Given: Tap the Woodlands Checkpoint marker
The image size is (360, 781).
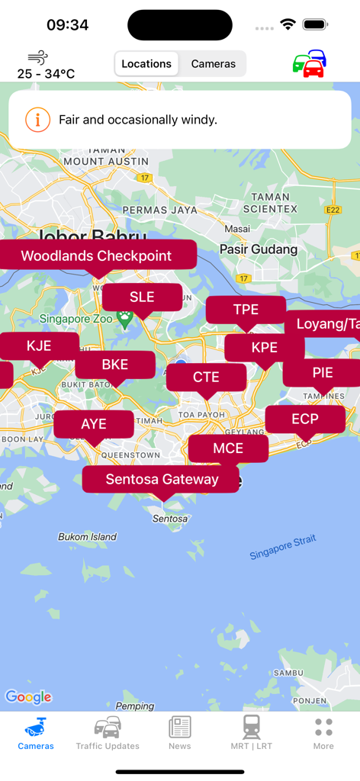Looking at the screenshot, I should [96, 256].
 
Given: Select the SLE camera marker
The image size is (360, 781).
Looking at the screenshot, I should [142, 297].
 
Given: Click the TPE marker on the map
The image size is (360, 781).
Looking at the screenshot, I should [246, 309].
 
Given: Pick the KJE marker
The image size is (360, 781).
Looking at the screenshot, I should [39, 346].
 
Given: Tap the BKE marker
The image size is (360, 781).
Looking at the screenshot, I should [115, 364].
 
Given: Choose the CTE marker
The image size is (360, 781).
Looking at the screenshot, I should [206, 377].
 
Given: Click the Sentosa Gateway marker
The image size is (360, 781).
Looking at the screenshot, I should [162, 479].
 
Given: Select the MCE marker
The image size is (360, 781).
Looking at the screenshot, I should [228, 448].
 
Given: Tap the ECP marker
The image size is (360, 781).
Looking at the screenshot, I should [305, 419].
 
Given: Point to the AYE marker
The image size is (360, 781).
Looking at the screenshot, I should [94, 424].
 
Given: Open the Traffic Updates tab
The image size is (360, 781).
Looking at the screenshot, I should [108, 733].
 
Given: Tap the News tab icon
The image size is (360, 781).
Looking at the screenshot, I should [180, 728].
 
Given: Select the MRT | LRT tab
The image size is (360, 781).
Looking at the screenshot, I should [252, 733].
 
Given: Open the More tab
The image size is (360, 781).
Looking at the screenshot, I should [323, 733].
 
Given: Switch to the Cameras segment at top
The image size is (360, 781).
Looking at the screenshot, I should [213, 64].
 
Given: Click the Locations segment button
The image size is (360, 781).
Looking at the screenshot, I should [146, 64].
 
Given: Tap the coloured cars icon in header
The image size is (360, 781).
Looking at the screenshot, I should [310, 64].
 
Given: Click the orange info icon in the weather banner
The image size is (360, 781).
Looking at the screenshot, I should [37, 120].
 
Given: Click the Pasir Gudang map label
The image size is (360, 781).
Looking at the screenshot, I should [259, 249].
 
